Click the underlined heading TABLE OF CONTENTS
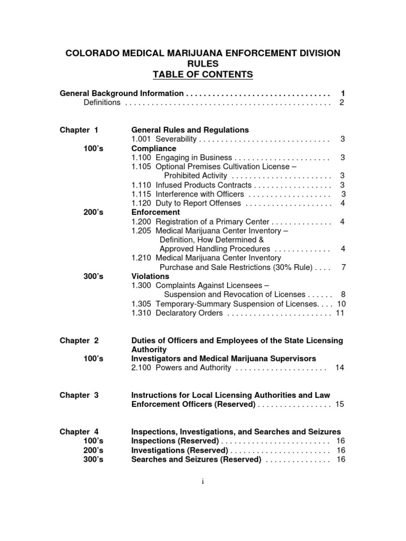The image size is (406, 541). coord(203,74)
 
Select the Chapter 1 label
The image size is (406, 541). coord(79,129)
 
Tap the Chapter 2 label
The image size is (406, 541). coord(79,340)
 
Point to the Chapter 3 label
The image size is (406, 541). coord(79,395)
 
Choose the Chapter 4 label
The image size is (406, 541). coord(79,432)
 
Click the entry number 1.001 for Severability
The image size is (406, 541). coord(141,139)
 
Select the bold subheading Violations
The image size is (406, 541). coord(150,276)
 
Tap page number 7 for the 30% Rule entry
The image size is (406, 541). coord(343,267)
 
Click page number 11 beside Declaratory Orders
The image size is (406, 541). coord(340,313)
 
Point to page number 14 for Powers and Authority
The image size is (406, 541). coord(340,368)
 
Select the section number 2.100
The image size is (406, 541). coord(141,368)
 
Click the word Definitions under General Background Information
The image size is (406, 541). coord(102,102)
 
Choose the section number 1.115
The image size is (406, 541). coord(141,194)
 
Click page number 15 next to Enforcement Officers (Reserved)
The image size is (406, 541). coord(340,404)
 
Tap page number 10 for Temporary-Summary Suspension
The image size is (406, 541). coord(341,304)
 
